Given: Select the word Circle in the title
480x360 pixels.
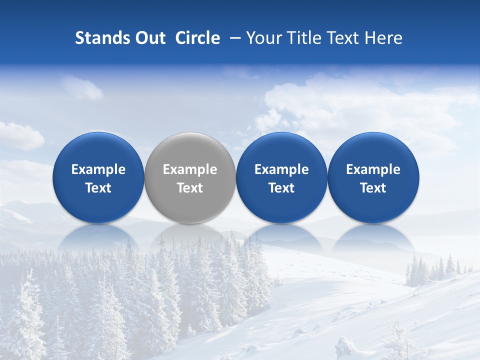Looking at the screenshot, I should coord(197,38).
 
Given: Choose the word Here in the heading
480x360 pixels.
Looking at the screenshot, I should coord(381,38).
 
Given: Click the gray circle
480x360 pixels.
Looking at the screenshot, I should coord(190,177).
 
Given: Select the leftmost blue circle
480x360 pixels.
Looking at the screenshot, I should coord(98,177).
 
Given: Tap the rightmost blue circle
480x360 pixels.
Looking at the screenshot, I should coord(373,177).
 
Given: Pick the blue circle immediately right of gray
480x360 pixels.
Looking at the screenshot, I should coord(281,177).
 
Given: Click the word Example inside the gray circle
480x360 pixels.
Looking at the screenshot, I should coord(190,169).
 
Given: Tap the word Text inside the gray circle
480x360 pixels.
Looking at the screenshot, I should coord(190,188).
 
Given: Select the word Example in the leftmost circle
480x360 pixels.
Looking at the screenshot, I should coord(98,169).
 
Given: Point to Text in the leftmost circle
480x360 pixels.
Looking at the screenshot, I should coord(98,188).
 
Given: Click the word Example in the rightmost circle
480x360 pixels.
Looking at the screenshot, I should coord(373,169).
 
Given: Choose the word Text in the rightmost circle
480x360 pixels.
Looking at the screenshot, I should coord(373,188).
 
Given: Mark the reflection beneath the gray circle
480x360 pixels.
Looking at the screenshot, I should coord(190,237).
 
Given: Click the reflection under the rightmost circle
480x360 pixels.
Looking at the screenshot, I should coord(373,237).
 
